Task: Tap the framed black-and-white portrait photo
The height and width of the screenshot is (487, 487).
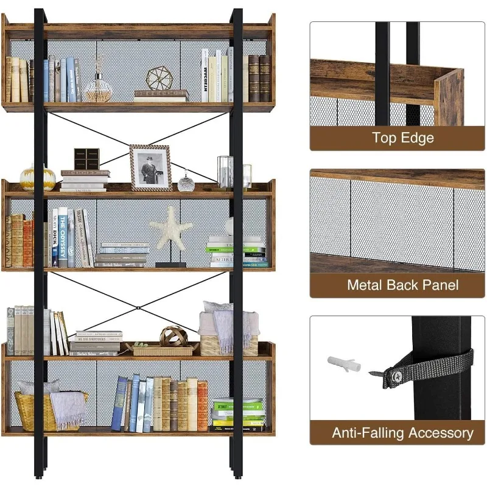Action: (x=150, y=168)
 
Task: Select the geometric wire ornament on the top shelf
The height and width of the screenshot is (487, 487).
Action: (x=159, y=79)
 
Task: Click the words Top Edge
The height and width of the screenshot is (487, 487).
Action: (x=403, y=138)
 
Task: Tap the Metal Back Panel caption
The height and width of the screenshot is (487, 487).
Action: (x=402, y=284)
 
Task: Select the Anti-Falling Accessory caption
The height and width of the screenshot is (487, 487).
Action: (x=402, y=433)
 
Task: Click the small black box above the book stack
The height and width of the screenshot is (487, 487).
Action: (x=86, y=159)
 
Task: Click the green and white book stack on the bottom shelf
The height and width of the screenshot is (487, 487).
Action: (x=239, y=413)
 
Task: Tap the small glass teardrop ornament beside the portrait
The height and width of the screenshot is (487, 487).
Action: (x=186, y=182)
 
